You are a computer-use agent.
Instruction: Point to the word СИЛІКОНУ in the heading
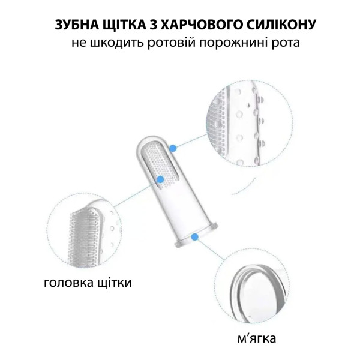tap(280, 25)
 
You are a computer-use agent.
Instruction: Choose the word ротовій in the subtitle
tap(171, 43)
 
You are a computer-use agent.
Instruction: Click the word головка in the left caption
tap(68, 283)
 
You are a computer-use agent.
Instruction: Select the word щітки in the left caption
tap(115, 283)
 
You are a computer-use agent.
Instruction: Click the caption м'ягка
tap(256, 338)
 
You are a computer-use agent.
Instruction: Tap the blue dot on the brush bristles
tap(160, 179)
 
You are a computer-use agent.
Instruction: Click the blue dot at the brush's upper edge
tap(173, 148)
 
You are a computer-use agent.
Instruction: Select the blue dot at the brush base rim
tap(194, 237)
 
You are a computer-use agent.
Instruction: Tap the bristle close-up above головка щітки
tap(85, 232)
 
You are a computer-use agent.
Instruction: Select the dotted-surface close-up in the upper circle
tap(249, 123)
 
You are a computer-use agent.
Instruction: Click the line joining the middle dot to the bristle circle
tap(137, 193)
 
